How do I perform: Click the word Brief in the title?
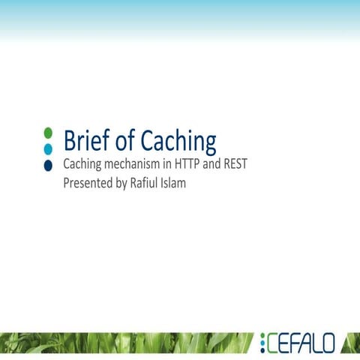pyautogui.click(x=84, y=140)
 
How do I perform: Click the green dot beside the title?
pyautogui.click(x=48, y=133)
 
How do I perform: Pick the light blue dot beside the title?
pyautogui.click(x=48, y=148)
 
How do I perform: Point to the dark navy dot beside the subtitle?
pyautogui.click(x=48, y=164)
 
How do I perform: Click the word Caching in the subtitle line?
pyautogui.click(x=82, y=165)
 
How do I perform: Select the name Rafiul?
pyautogui.click(x=146, y=182)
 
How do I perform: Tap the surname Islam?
pyautogui.click(x=175, y=182)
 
